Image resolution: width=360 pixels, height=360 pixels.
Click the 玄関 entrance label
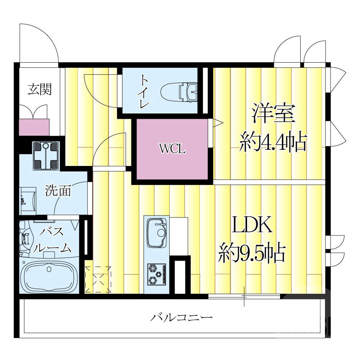40,89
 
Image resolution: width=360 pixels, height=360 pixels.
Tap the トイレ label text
145,91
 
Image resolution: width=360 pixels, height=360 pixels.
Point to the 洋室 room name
274,113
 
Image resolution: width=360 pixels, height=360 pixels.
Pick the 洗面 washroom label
58,191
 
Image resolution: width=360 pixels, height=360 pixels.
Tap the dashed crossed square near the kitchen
98,279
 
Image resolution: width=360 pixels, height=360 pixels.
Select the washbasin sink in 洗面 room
27,198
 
